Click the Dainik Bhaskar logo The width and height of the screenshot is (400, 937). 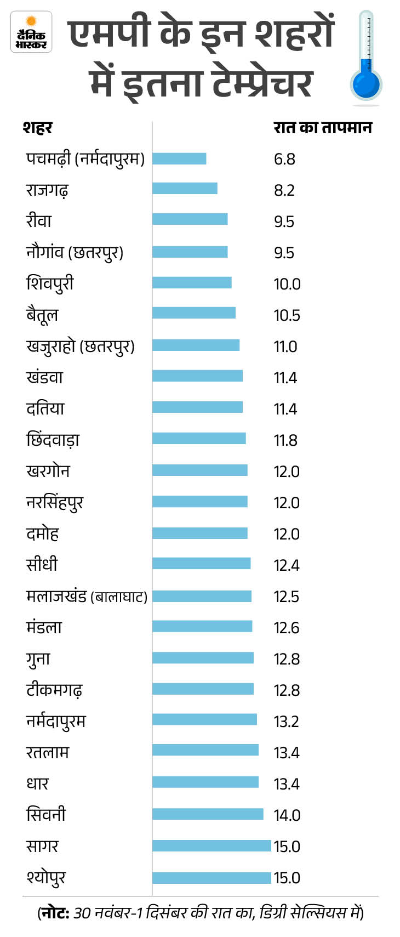[31, 32]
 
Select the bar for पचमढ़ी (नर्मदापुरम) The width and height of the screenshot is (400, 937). [179, 158]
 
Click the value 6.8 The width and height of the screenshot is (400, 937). [284, 159]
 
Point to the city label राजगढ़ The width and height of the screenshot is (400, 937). [47, 190]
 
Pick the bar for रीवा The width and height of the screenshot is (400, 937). [190, 219]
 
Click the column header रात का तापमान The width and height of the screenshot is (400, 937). [323, 128]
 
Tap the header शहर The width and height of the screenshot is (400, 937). [37, 128]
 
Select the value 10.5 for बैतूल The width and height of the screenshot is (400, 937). [287, 315]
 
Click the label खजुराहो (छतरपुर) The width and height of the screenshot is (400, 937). [80, 347]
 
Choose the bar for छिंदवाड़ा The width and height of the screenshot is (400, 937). [199, 438]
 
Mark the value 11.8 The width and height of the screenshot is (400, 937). [285, 440]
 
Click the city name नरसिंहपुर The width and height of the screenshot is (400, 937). [55, 503]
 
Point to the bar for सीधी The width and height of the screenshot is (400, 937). [201, 563]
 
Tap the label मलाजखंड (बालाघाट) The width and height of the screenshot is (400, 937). [87, 597]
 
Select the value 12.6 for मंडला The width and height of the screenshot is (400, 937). [286, 628]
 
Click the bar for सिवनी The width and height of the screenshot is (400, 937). [208, 814]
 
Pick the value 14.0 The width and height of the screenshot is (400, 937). [287, 815]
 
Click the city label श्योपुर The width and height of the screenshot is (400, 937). [46, 878]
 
